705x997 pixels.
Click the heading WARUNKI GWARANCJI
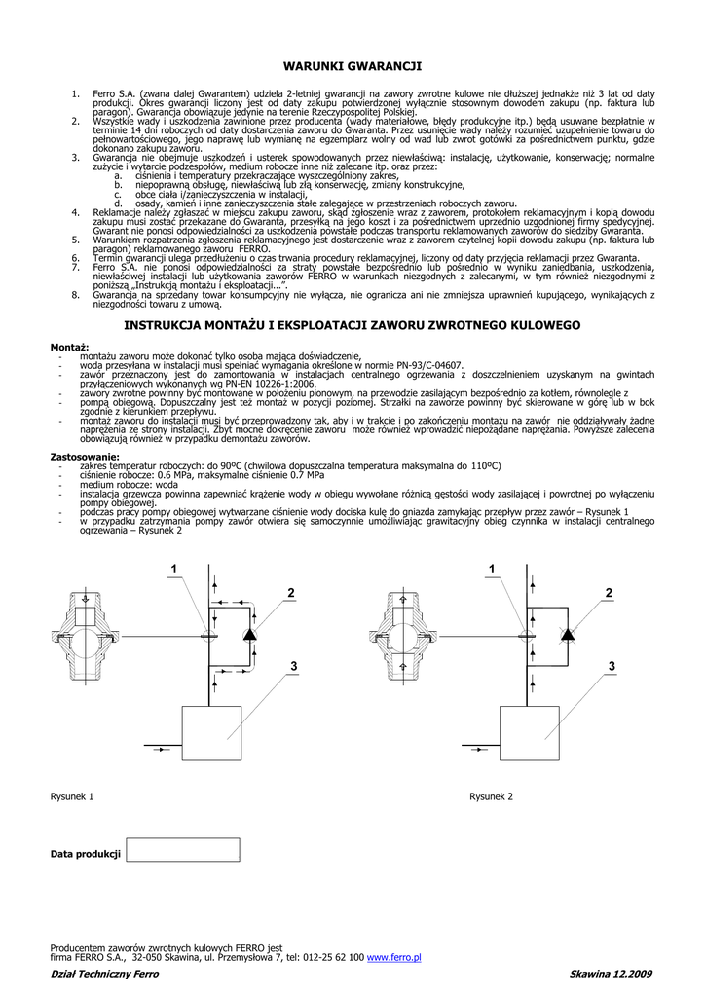[352, 66]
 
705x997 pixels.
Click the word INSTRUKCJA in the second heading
[163, 324]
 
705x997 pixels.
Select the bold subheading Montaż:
[69, 348]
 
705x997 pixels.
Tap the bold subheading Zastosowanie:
[85, 456]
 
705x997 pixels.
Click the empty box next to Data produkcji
[183, 849]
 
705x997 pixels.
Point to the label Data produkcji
[86, 854]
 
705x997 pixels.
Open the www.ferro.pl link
[393, 957]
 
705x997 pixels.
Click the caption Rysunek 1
[72, 796]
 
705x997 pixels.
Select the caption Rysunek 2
[491, 796]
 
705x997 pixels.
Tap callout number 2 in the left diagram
[290, 593]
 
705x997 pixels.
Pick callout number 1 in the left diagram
[176, 569]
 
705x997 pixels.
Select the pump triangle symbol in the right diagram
[568, 634]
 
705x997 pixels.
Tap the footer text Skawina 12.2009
[611, 974]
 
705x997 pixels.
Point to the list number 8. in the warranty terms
[75, 293]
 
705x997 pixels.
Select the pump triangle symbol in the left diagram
[248, 634]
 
